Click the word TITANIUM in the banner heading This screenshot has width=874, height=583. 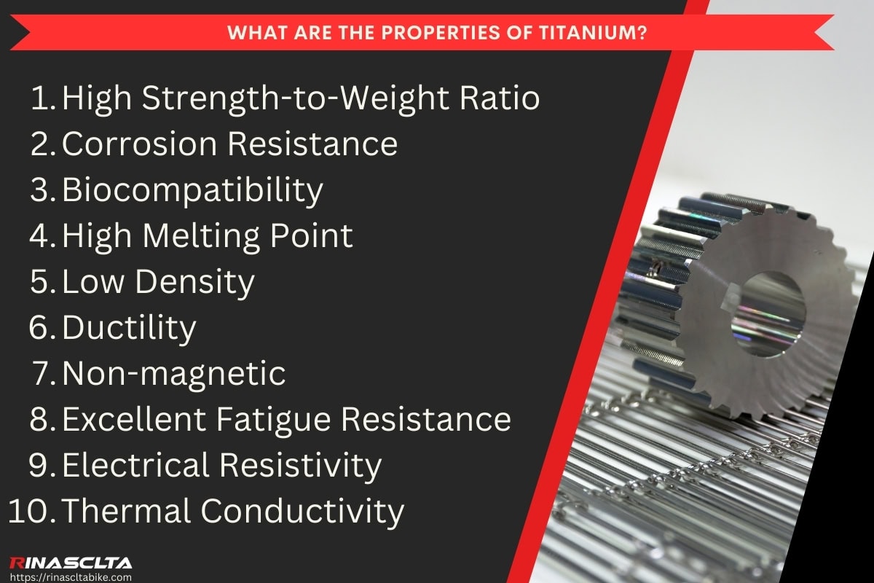599,34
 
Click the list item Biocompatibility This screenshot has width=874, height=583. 192,190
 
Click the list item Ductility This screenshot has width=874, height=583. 129,328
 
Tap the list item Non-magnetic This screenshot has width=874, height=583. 174,374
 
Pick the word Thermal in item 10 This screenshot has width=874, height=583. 125,512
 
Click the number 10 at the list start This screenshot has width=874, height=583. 28,512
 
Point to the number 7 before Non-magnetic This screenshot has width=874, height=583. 42,374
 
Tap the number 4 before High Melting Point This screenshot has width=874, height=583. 42,236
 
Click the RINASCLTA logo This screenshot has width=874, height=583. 71,562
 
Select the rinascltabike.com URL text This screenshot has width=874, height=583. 71,576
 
